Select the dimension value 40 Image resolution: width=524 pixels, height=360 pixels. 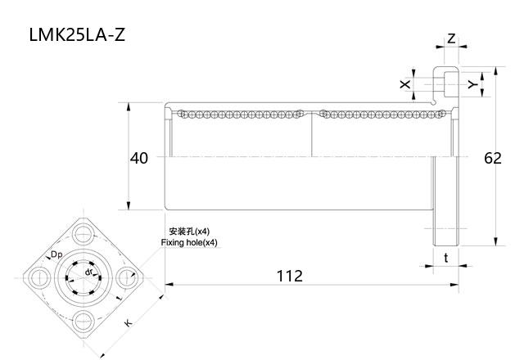pyautogui.click(x=139, y=158)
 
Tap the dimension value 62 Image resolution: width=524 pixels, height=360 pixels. pyautogui.click(x=492, y=158)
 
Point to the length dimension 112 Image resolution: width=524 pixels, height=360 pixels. pyautogui.click(x=288, y=276)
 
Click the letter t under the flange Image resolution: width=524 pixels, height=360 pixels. pyautogui.click(x=445, y=258)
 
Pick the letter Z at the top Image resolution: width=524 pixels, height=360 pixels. pyautogui.click(x=451, y=38)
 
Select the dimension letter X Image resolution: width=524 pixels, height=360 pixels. pyautogui.click(x=404, y=84)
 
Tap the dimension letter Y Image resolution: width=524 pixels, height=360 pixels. pyautogui.click(x=472, y=84)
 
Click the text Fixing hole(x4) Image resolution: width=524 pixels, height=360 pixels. pyautogui.click(x=189, y=243)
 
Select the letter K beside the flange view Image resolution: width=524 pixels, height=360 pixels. pyautogui.click(x=128, y=323)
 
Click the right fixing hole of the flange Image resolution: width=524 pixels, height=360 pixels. pyautogui.click(x=128, y=277)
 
